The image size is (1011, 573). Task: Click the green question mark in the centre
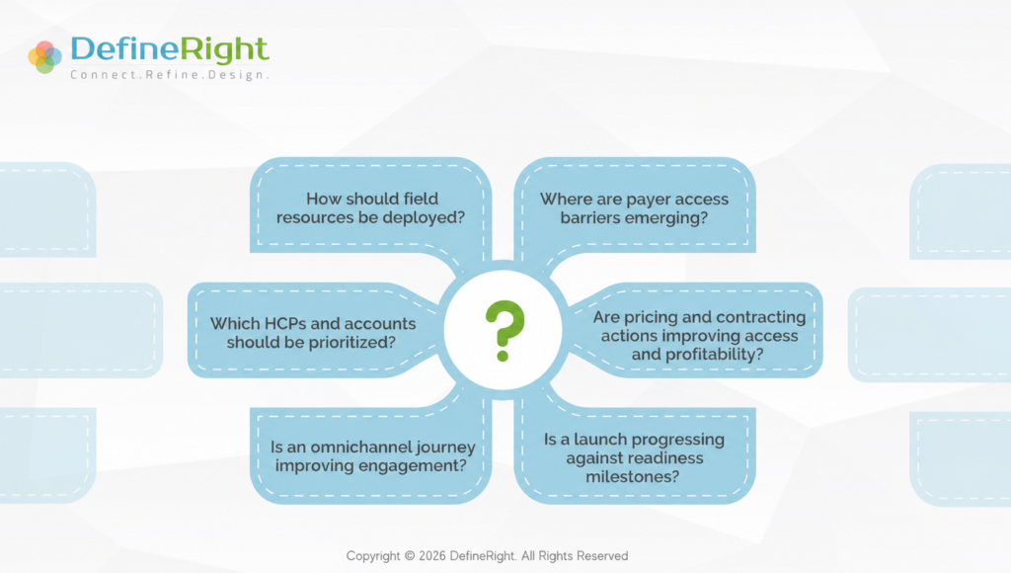505,330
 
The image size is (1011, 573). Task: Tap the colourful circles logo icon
44,56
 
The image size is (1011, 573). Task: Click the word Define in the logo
123,49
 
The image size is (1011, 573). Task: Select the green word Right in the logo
223,50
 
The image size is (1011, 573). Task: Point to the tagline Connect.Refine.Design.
170,75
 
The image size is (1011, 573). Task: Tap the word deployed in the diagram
423,218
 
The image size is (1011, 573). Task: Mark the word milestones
632,477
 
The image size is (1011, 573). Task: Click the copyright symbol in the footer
410,556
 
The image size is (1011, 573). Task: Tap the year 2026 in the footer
432,556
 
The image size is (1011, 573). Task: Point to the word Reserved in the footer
602,556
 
